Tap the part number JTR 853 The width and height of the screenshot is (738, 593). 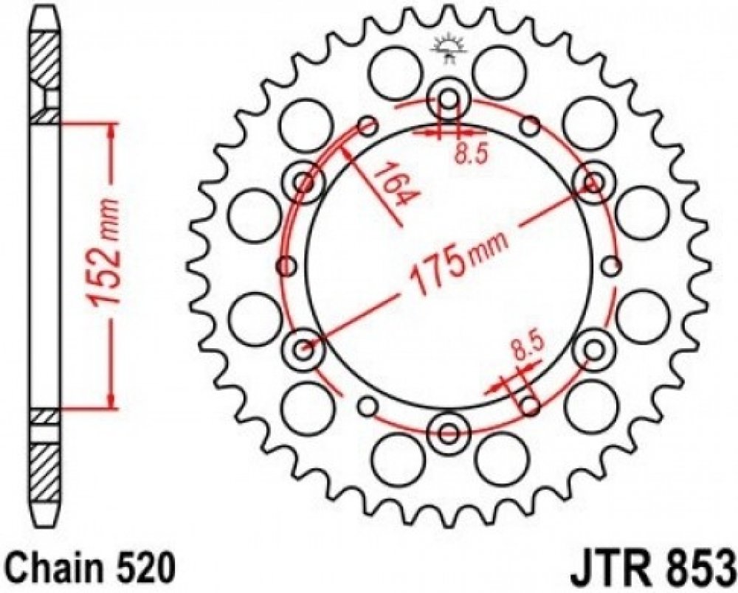pos(652,570)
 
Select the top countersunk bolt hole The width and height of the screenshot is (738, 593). pos(449,100)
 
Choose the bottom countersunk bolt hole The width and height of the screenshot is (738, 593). pos(449,432)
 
